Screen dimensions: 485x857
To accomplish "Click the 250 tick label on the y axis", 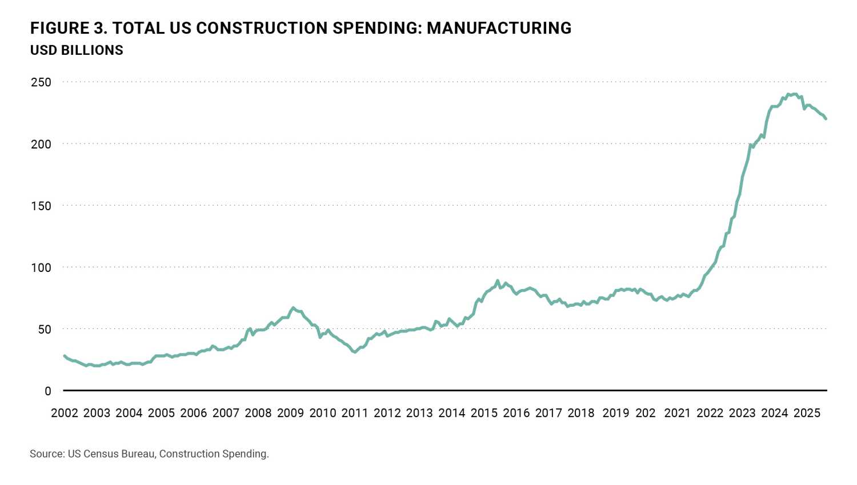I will tap(41, 82).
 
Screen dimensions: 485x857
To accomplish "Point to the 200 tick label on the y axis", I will tap(41, 144).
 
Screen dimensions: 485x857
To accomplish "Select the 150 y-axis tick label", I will tap(41, 206).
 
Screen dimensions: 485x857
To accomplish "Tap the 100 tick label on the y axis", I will tap(41, 267).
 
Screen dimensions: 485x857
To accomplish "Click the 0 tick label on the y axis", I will tap(48, 391).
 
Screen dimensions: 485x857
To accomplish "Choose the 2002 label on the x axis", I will tap(65, 413).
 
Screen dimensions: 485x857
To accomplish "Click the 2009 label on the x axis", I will tap(290, 413).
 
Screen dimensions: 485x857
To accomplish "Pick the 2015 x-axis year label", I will tap(484, 413).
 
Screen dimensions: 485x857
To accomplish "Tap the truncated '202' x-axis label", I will tap(646, 413).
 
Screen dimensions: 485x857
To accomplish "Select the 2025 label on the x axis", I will tap(807, 413).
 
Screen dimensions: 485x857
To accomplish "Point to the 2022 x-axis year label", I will tap(710, 413).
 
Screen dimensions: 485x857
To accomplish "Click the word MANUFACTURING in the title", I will tap(499, 28).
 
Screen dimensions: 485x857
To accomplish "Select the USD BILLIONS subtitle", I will tap(77, 50).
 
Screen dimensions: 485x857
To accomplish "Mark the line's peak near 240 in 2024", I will tap(794, 94).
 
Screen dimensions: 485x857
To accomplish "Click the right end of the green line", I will tap(826, 119).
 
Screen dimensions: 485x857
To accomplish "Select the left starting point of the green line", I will tap(64, 356).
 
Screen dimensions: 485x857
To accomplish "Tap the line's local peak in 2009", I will tap(293, 307).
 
